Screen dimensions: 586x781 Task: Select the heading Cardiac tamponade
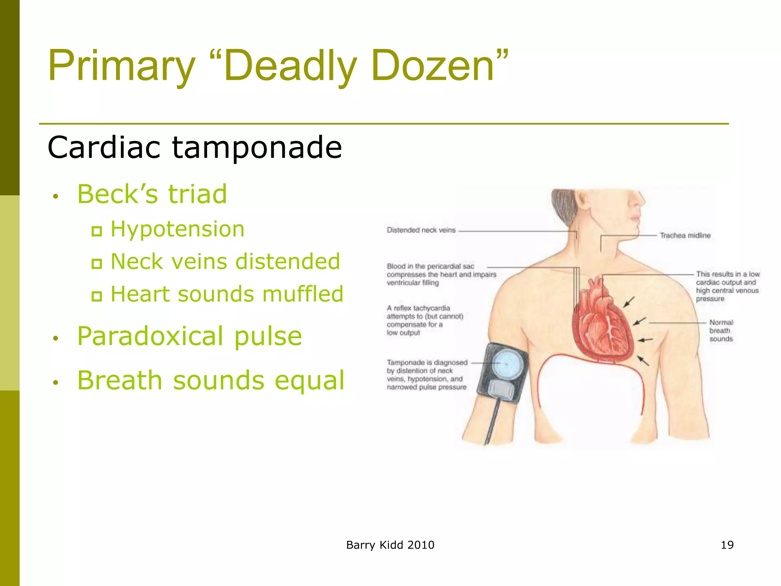tap(194, 147)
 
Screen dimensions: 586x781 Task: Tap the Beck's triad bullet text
tap(152, 194)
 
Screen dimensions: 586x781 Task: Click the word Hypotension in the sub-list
tap(177, 229)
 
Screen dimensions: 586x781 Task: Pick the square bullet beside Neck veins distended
tap(96, 263)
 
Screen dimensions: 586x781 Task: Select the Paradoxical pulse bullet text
tap(190, 336)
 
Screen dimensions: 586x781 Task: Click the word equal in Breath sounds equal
tap(309, 380)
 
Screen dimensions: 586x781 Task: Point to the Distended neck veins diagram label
tap(421, 230)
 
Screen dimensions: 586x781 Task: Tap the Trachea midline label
tap(685, 235)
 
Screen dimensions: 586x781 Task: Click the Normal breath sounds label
tap(721, 330)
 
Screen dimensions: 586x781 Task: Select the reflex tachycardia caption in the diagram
tap(424, 320)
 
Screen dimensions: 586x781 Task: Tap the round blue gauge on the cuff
tap(507, 364)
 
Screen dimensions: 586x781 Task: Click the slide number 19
tap(727, 545)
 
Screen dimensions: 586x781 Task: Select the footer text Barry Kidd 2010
tap(390, 545)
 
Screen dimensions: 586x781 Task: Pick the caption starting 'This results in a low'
tap(727, 286)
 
